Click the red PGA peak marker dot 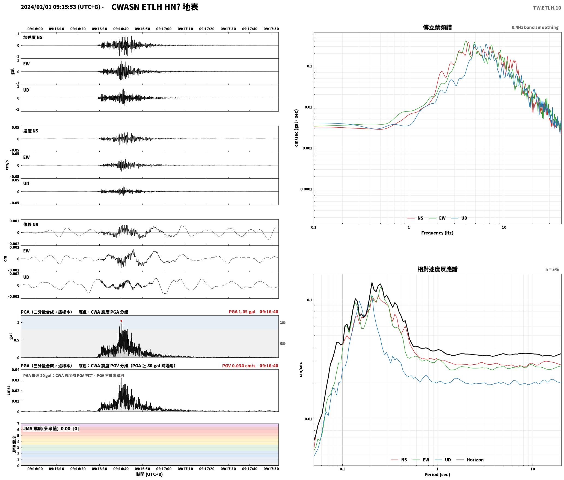121,321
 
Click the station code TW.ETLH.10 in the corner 547,8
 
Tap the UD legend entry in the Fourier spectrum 459,218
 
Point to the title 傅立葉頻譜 437,27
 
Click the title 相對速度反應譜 437,269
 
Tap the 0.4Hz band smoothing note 535,27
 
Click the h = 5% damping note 552,269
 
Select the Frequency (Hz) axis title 437,233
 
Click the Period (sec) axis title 437,474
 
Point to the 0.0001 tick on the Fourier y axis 306,189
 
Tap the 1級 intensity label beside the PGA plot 283,322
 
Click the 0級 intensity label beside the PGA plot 283,343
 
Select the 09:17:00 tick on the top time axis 164,29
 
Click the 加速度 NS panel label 33,37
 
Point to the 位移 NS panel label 31,224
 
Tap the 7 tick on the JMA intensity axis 18,424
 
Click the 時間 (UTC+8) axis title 149,474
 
